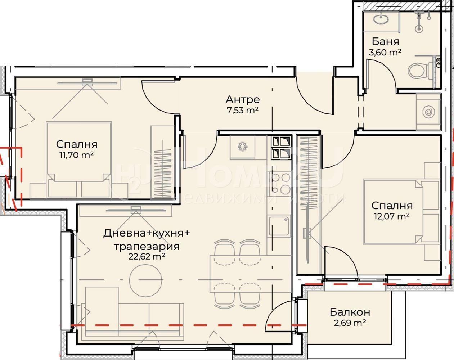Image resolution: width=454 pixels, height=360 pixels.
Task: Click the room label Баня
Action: pyautogui.click(x=386, y=41)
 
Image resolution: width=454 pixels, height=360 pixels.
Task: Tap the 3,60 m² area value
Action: pyautogui.click(x=385, y=52)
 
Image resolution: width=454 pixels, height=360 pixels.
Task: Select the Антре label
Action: pyautogui.click(x=243, y=100)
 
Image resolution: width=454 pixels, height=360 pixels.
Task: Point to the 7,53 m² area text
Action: pyautogui.click(x=243, y=110)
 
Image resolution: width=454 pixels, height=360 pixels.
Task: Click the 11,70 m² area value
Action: pyautogui.click(x=77, y=155)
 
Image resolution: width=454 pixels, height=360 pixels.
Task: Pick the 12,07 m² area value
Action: pyautogui.click(x=392, y=216)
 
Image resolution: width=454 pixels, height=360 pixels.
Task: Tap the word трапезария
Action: pyautogui.click(x=147, y=247)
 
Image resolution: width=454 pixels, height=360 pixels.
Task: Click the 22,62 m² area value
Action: pyautogui.click(x=147, y=257)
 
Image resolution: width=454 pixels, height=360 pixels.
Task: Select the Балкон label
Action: pyautogui.click(x=350, y=312)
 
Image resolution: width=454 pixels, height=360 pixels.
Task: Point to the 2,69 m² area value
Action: pyautogui.click(x=350, y=323)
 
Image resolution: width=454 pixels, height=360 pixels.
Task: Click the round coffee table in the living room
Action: pyautogui.click(x=146, y=280)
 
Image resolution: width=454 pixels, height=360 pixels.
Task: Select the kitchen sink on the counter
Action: pyautogui.click(x=279, y=226)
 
